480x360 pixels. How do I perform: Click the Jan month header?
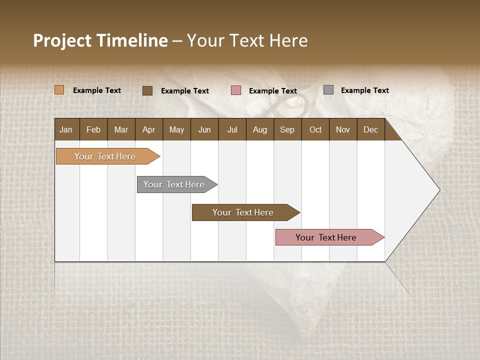66,129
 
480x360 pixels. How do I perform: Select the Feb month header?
93,129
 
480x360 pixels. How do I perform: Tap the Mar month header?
121,129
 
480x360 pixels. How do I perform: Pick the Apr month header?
149,129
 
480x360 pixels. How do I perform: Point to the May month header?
176,129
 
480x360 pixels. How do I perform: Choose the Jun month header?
204,129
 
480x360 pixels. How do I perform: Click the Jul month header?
232,129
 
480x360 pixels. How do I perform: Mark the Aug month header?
260,129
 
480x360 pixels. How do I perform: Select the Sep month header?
287,129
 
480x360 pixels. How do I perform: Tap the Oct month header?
315,129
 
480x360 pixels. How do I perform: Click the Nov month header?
343,129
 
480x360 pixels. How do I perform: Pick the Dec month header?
371,129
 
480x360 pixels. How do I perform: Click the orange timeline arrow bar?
105,156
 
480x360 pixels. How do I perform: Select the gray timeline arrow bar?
174,184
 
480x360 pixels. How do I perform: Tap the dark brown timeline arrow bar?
243,212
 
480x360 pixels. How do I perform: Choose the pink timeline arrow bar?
326,237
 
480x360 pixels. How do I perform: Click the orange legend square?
59,90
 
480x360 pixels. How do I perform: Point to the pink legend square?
236,90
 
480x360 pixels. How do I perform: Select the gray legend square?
328,90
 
